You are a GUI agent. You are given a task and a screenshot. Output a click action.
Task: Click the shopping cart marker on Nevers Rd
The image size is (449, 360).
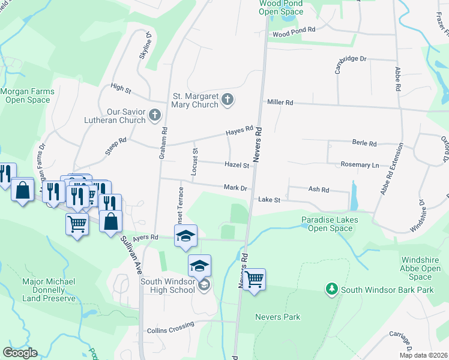(255, 279)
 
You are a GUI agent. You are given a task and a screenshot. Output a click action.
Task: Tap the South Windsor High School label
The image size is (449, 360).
(168, 286)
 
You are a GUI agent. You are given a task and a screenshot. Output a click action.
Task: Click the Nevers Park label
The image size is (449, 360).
(277, 317)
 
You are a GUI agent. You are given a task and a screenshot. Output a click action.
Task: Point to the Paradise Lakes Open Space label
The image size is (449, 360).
(330, 224)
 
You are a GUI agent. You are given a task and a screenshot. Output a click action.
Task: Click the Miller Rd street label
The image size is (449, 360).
(280, 103)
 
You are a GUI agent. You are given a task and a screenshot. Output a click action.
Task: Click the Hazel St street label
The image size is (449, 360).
(237, 165)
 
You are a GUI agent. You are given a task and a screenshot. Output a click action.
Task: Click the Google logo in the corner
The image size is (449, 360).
(20, 353)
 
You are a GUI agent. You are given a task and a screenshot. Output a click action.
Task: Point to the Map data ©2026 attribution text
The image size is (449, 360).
(423, 355)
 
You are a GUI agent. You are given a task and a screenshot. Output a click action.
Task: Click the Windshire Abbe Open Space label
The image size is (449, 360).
(424, 268)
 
